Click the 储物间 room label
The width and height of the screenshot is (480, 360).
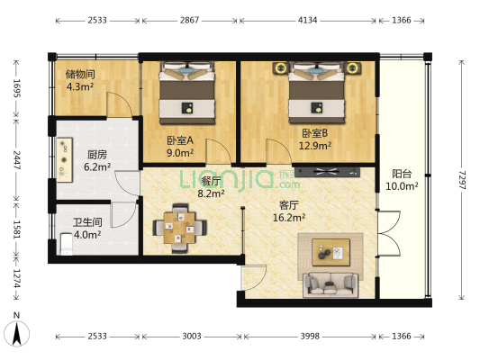tap(80, 74)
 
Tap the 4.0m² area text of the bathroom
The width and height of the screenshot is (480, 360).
tap(87, 235)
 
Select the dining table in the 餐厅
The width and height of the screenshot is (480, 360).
tap(180, 229)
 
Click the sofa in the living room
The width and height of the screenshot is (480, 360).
tap(331, 285)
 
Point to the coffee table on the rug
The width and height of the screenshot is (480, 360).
tap(331, 253)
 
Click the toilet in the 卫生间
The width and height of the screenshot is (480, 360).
tap(67, 244)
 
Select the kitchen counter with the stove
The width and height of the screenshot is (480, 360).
tap(64, 160)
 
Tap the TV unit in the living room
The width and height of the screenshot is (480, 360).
tap(328, 172)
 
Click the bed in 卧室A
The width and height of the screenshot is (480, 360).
tap(186, 93)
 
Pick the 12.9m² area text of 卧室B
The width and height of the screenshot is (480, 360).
tap(315, 146)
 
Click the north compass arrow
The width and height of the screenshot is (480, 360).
tap(16, 333)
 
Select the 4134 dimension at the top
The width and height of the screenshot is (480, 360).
tap(307, 21)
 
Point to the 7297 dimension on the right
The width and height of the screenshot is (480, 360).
tap(462, 180)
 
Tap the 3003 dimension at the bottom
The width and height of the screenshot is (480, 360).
tap(192, 337)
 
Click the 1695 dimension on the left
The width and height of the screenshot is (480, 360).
tap(16, 88)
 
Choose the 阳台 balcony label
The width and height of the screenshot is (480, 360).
tap(402, 174)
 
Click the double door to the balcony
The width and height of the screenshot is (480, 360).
tap(389, 233)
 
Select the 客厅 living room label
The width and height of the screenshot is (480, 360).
tap(289, 205)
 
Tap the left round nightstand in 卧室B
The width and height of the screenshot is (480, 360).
tap(280, 67)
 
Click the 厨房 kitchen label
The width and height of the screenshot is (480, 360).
tap(97, 155)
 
